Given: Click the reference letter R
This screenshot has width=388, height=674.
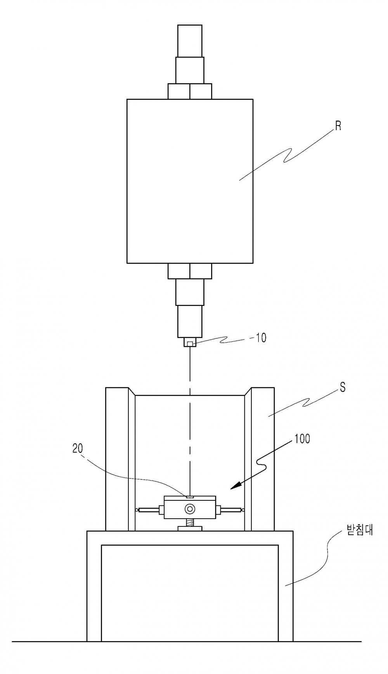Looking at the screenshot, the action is tap(338, 127).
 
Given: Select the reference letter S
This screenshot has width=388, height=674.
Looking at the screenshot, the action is tap(343, 387).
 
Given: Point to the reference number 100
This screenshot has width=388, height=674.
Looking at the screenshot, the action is tap(303, 439).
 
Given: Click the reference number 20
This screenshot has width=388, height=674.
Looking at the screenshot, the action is tap(78, 448).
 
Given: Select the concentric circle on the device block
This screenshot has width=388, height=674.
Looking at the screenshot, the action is tap(190, 508).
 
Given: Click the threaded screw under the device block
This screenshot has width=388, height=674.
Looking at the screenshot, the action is tap(190, 523).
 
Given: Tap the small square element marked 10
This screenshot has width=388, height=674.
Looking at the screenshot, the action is tap(190, 343).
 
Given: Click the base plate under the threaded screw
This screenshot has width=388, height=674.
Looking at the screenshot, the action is tap(190, 529).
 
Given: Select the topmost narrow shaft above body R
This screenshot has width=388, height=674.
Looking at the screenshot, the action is tap(190, 41).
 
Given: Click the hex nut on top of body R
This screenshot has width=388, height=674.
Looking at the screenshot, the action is tap(190, 91).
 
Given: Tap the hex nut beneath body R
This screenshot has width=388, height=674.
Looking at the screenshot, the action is tap(190, 271).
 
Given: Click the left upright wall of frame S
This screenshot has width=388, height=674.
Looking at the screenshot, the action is tap(117, 459).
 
